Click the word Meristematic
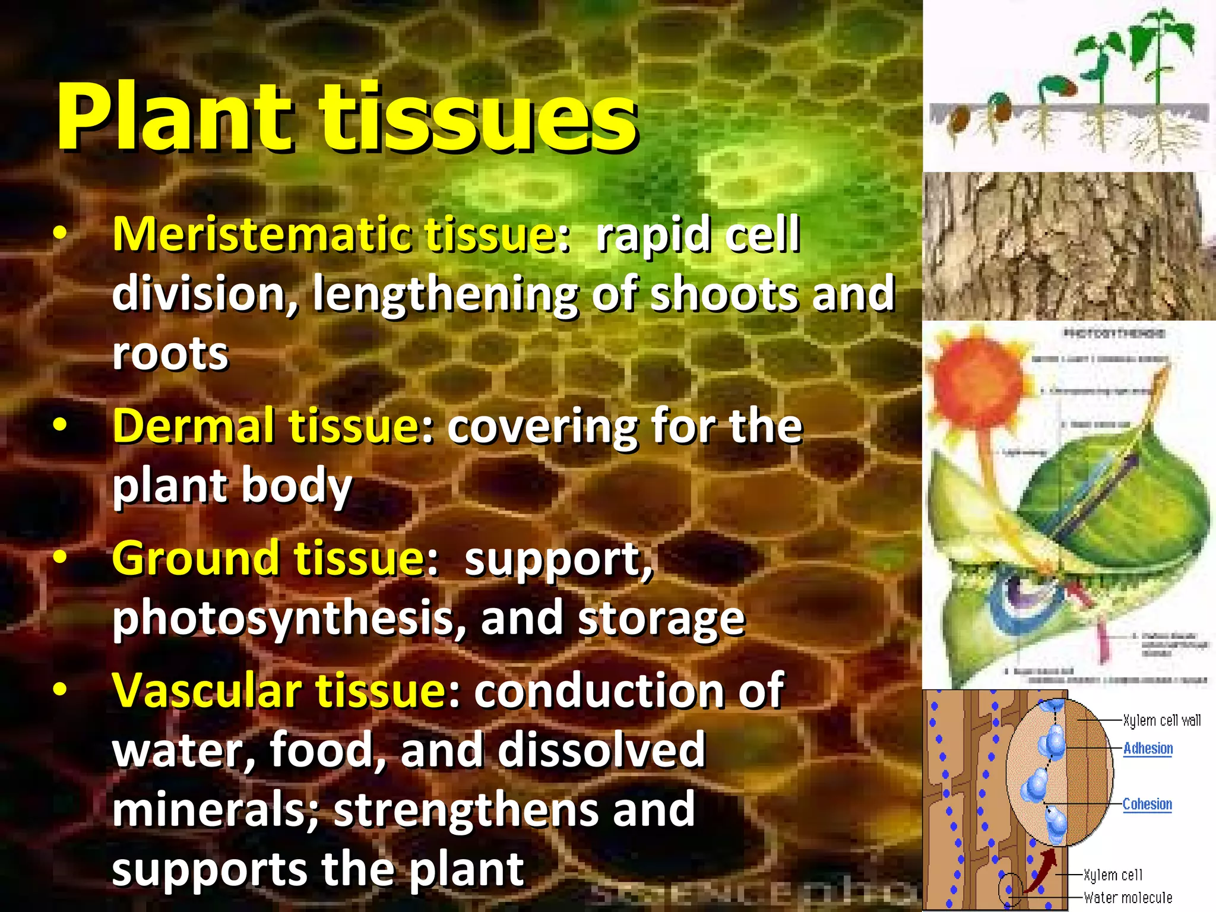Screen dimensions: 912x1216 tap(261, 235)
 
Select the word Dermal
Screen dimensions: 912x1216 tap(194, 426)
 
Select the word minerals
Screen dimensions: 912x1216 tap(217, 810)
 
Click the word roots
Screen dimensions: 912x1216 tap(170, 354)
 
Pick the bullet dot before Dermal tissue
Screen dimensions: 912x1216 tap(60, 426)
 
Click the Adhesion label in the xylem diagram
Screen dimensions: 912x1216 tap(1148, 748)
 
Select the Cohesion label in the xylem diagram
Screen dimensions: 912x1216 tap(1147, 804)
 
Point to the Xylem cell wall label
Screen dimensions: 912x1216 tap(1161, 720)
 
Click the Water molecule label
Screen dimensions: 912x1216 tap(1128, 898)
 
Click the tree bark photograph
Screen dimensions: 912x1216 tap(1069, 246)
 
